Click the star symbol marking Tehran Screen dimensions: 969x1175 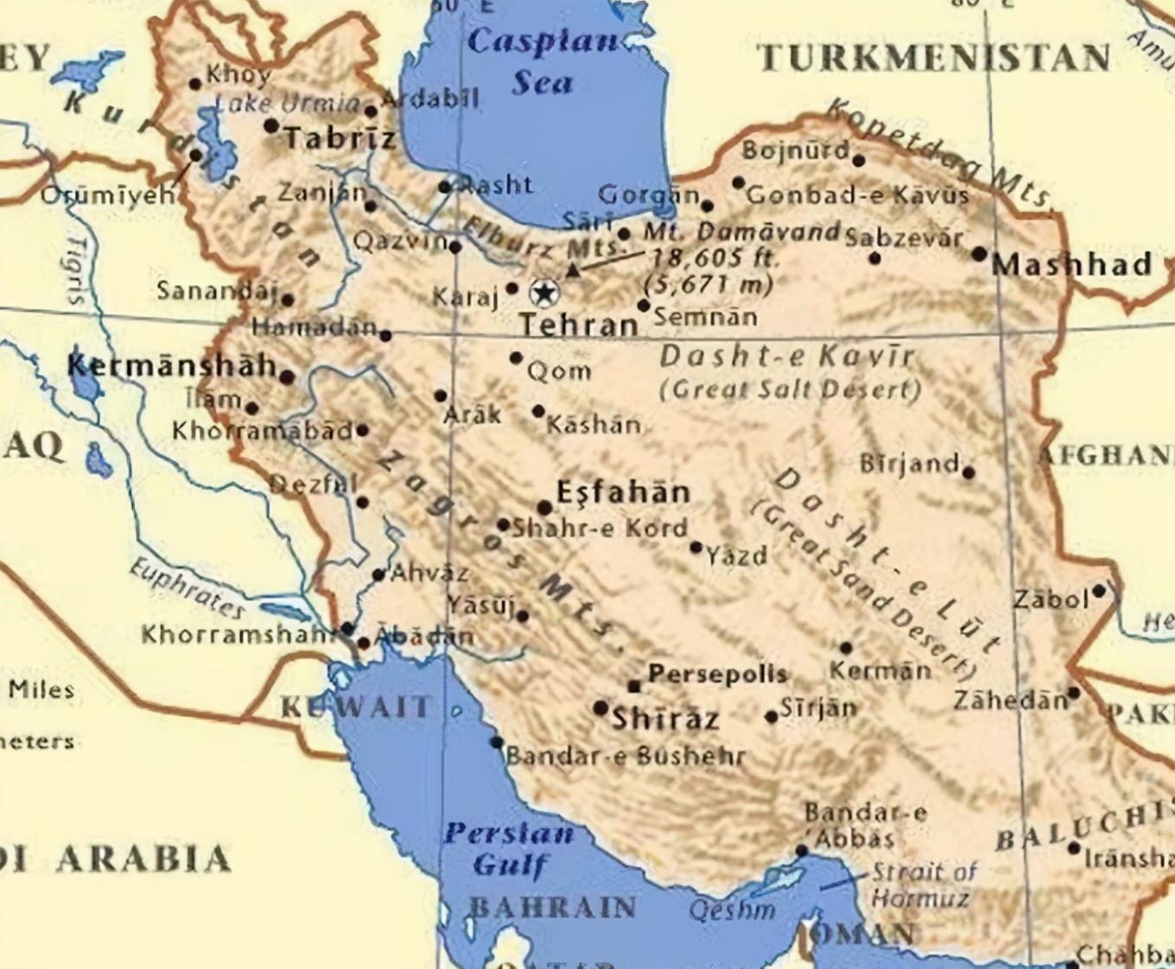tap(543, 294)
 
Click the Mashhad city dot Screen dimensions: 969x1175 tap(979, 254)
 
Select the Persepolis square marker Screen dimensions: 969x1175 tap(634, 687)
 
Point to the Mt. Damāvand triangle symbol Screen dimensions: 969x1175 tap(572, 271)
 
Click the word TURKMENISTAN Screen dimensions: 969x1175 tap(934, 58)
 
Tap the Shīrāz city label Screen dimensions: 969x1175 tap(665, 718)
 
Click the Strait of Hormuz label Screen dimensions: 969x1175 tap(922, 885)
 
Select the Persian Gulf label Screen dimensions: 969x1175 tap(510, 849)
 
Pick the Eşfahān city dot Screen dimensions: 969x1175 tap(544, 508)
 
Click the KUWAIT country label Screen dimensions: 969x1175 tap(355, 707)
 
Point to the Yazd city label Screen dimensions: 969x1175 tap(737, 554)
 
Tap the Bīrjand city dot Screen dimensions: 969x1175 tap(968, 472)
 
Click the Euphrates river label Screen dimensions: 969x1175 tap(187, 587)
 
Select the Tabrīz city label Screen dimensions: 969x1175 tap(340, 137)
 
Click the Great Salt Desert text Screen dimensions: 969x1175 tap(790, 389)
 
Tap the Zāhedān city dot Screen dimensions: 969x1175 tap(1073, 693)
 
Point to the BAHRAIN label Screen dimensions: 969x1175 tap(553, 908)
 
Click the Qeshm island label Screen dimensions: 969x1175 tap(732, 910)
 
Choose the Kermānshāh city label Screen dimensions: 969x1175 tap(172, 366)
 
